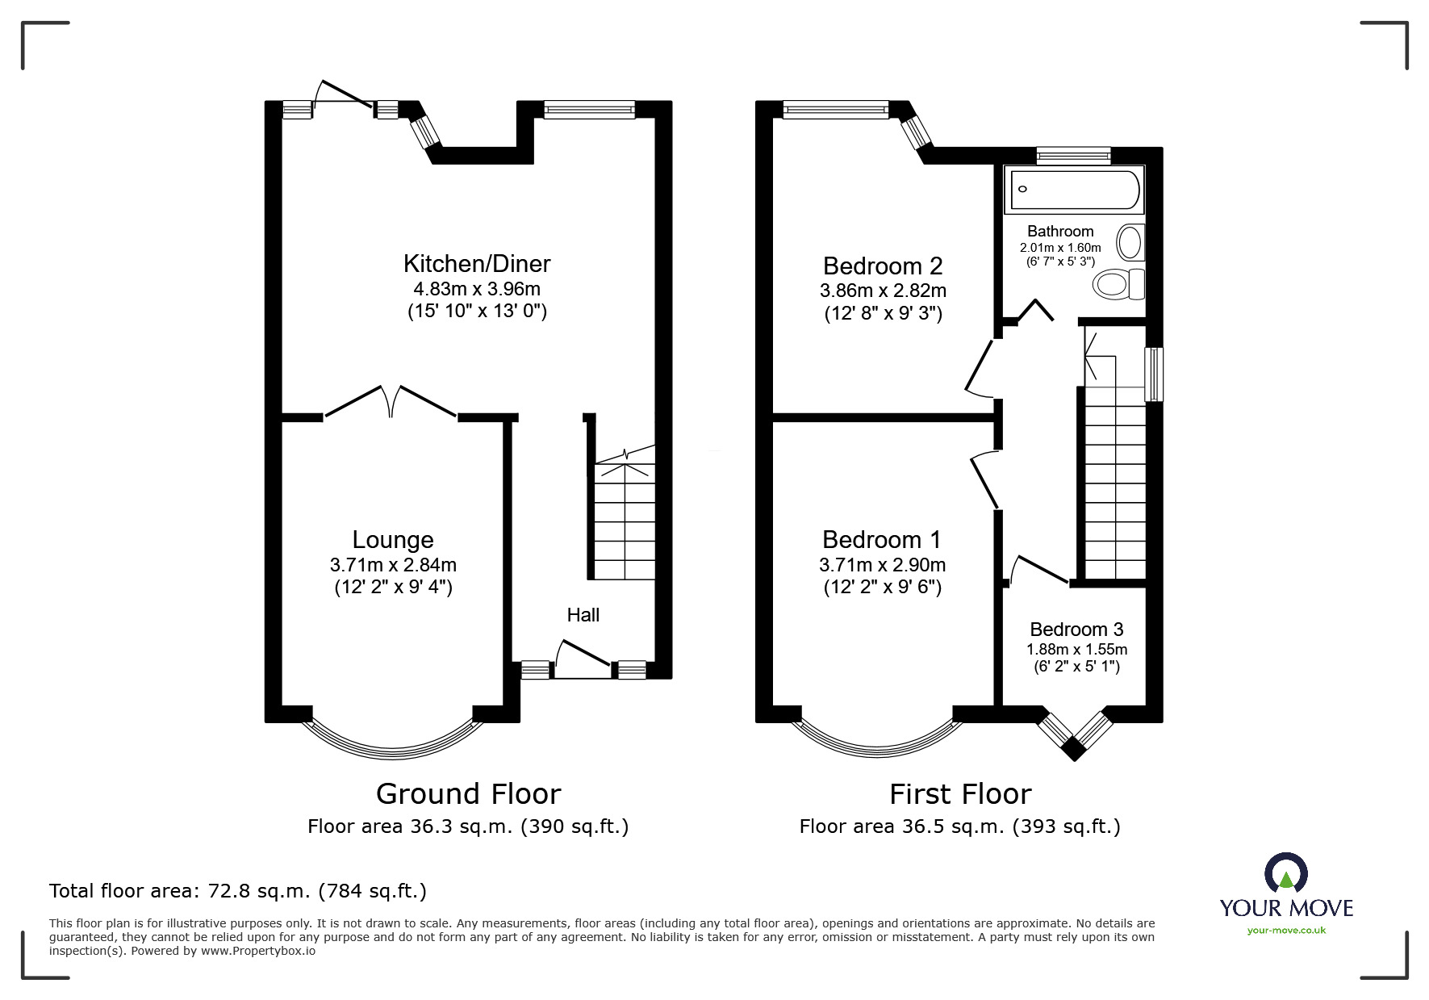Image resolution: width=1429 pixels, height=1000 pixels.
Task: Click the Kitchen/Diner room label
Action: (x=476, y=264)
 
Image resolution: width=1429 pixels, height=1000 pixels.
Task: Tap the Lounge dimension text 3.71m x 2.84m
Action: (x=393, y=565)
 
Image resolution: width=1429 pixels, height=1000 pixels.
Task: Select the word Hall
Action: (x=583, y=615)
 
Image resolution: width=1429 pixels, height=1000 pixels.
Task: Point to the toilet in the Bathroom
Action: (x=1118, y=283)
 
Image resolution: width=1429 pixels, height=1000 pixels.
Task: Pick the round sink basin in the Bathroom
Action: (x=1130, y=241)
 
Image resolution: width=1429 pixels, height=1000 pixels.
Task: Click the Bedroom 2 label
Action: (x=883, y=266)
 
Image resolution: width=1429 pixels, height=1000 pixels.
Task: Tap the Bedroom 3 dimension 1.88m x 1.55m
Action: (x=1076, y=649)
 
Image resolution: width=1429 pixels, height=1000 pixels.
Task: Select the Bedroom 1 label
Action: (x=882, y=539)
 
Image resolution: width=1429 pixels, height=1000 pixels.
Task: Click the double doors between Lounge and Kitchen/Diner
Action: (x=391, y=401)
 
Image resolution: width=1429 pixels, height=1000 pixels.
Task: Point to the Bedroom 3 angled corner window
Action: (x=1073, y=733)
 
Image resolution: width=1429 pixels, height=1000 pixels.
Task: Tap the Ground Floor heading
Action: (x=468, y=794)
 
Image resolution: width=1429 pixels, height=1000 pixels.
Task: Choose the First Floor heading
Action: (x=959, y=794)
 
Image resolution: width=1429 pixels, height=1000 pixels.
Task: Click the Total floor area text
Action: (x=238, y=891)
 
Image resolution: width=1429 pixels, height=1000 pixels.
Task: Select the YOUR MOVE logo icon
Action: (x=1285, y=875)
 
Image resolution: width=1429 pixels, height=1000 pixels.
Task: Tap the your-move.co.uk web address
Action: (x=1286, y=931)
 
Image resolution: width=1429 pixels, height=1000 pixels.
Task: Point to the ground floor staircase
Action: (x=625, y=521)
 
